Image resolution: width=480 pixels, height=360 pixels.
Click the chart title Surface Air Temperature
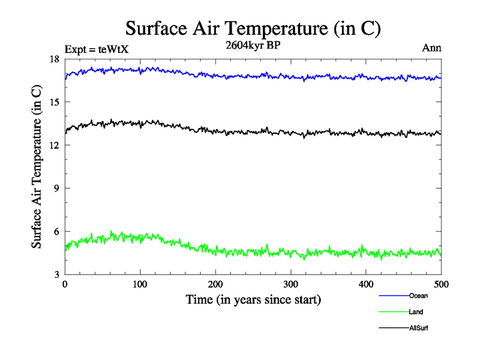(253, 28)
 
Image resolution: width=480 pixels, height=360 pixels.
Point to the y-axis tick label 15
(55, 103)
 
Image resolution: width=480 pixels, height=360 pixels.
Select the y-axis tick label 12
(55, 146)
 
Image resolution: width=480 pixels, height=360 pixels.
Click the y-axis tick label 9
(58, 188)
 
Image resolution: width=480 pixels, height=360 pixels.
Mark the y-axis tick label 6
(58, 232)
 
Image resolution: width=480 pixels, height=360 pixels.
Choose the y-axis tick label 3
(58, 275)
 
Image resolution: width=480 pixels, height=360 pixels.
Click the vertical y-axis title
(37, 167)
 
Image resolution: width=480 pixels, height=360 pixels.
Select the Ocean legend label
(418, 295)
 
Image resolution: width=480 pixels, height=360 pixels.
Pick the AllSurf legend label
(419, 328)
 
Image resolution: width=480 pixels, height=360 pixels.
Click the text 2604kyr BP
(253, 46)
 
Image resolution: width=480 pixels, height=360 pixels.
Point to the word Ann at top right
(432, 48)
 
